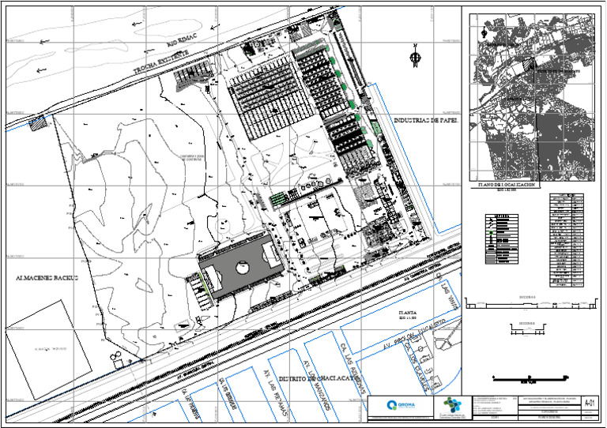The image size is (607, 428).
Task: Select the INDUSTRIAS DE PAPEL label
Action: click(426, 121)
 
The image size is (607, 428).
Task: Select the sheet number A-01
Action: click(587, 404)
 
